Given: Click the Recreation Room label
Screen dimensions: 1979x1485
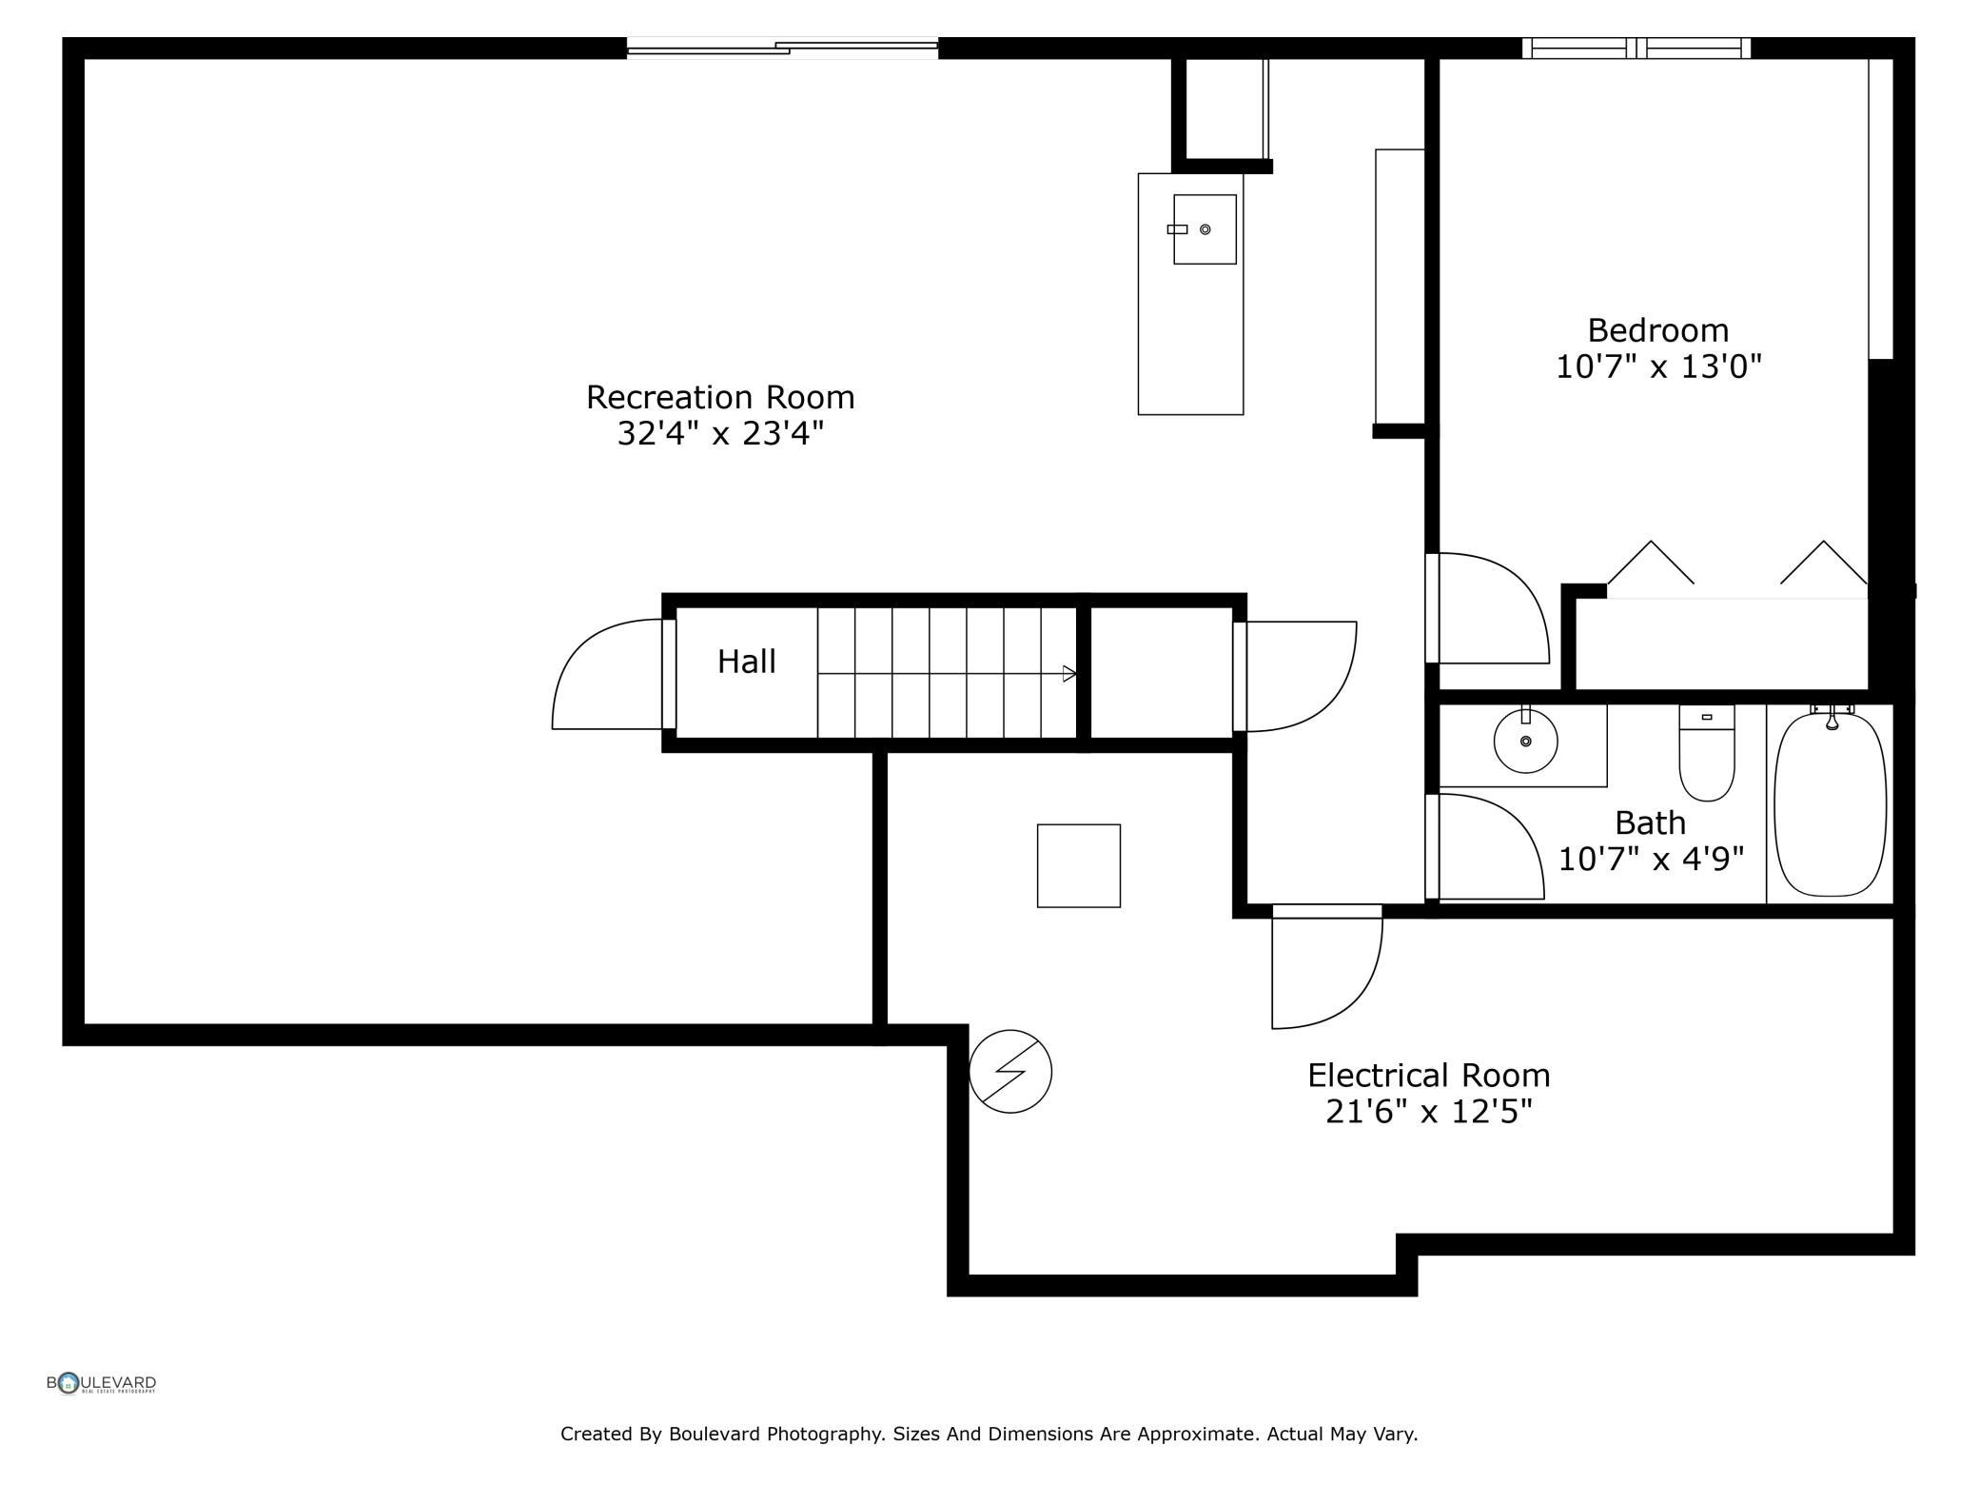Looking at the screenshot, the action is (x=720, y=397).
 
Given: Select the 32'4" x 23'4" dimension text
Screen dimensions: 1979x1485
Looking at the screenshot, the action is (x=720, y=434).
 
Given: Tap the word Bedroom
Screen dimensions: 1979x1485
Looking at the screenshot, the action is (x=1658, y=330).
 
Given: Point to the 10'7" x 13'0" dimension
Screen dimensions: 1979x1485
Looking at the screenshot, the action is (x=1658, y=366).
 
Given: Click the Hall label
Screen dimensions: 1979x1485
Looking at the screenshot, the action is (x=747, y=662).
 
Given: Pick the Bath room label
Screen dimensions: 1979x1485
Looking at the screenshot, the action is (x=1651, y=822).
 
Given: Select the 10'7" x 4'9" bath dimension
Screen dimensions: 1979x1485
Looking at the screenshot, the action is (x=1651, y=859).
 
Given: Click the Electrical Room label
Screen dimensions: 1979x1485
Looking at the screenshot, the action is (x=1429, y=1076).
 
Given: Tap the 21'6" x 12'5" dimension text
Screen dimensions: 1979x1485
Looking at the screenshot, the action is (x=1429, y=1112).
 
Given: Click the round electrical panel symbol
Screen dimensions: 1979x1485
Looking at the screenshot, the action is (x=1010, y=1071).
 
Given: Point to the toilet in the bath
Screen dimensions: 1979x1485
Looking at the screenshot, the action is (x=1707, y=752).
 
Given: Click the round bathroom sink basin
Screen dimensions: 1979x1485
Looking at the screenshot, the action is (x=1525, y=740).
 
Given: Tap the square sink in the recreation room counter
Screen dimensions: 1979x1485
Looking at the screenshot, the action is (x=1205, y=229).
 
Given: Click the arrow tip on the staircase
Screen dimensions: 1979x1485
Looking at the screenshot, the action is (x=1076, y=674).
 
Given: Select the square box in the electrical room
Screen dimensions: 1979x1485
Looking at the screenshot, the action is (x=1079, y=866).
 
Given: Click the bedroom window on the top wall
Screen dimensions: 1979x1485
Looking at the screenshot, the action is (x=1636, y=48).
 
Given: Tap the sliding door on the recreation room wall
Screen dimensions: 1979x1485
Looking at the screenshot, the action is (x=782, y=48).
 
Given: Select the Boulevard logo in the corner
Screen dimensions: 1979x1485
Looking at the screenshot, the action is (x=101, y=1383).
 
